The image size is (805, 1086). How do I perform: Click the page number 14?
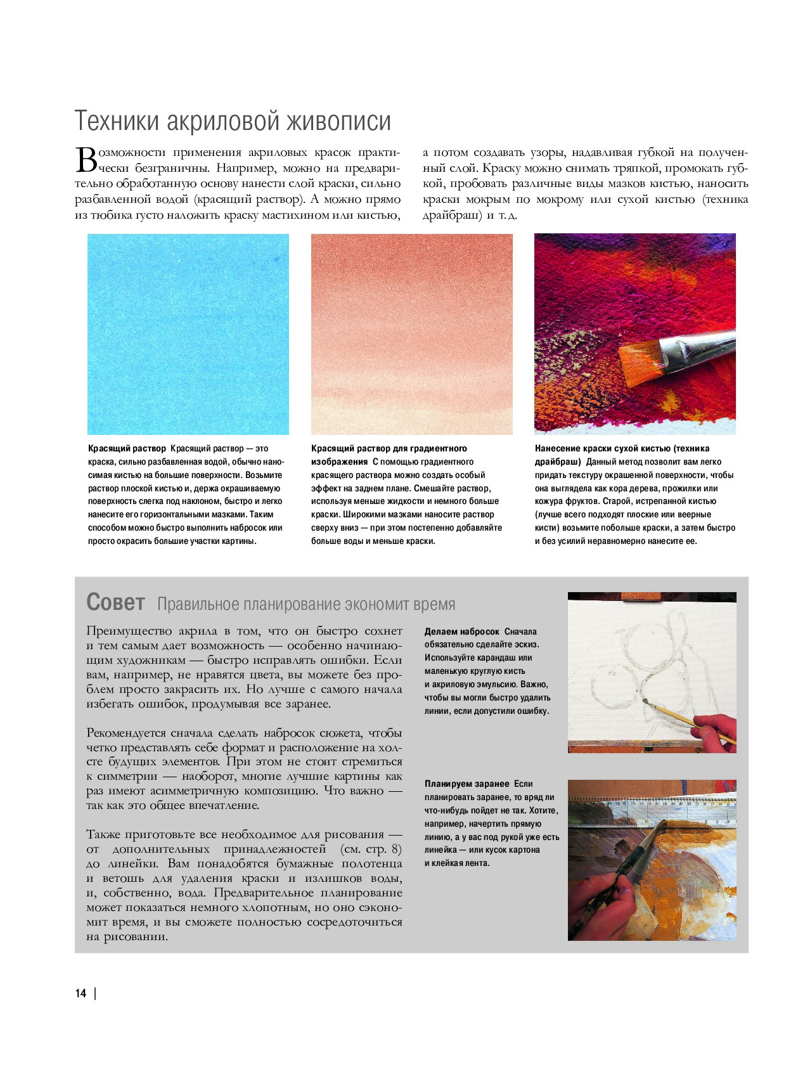click(80, 993)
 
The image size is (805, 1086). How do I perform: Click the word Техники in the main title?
click(117, 121)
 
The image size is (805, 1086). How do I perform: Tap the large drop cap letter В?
click(86, 160)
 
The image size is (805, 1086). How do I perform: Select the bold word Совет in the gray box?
click(115, 602)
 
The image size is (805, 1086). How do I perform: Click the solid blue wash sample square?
click(188, 334)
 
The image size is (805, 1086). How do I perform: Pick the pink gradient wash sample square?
click(411, 334)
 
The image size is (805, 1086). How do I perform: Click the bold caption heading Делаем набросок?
click(462, 631)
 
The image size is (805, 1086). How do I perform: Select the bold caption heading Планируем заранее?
click(467, 784)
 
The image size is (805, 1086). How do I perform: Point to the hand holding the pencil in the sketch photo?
click(715, 732)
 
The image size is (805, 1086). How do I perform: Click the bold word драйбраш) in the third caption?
click(558, 462)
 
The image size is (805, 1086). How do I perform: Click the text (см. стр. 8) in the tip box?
click(371, 849)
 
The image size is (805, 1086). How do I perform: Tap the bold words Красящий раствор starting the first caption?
click(127, 448)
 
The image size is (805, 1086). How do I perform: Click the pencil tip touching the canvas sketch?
click(645, 701)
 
